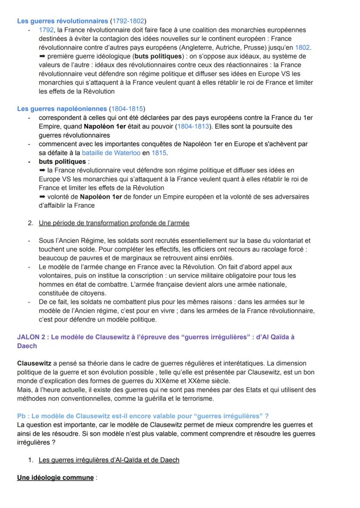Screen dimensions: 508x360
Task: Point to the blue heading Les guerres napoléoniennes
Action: pos(62,109)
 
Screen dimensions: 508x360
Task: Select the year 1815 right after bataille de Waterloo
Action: pos(159,153)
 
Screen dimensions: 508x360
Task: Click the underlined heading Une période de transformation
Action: pos(114,223)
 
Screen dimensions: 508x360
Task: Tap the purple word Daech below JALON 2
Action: pos(27,346)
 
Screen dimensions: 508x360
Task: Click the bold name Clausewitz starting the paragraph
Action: pos(34,363)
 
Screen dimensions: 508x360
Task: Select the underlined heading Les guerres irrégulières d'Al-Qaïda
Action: pos(109,460)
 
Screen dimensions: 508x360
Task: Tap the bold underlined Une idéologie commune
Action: pos(55,478)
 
